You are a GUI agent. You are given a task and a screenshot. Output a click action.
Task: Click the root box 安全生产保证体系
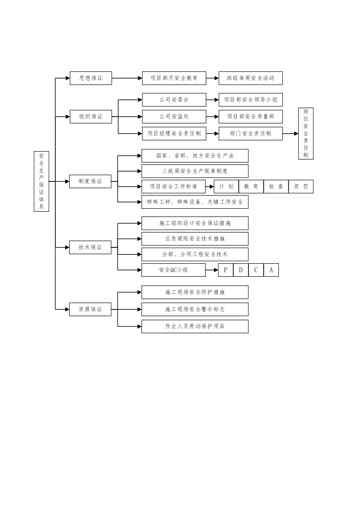point(41,181)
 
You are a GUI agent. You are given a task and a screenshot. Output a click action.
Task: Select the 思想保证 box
point(91,78)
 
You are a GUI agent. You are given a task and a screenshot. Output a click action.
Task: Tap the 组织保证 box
point(91,117)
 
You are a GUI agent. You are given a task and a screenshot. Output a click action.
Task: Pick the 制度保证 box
point(90,181)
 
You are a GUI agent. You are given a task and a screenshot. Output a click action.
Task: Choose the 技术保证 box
point(90,247)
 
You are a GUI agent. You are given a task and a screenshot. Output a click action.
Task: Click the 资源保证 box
point(90,309)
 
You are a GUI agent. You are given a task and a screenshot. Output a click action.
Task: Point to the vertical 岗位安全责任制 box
point(306,133)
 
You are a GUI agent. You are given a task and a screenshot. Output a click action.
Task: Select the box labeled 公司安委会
point(174,100)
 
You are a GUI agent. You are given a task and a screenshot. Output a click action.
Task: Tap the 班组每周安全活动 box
point(250,78)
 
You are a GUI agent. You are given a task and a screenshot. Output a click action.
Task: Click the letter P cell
point(226,270)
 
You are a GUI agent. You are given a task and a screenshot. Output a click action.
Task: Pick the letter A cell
point(271,270)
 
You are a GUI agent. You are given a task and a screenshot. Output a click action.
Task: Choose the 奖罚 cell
point(301,187)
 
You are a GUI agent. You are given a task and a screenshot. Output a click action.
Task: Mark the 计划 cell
point(226,187)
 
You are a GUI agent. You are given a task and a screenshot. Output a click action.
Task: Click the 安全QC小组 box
point(174,270)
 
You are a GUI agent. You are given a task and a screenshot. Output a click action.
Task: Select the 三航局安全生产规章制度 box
point(195,171)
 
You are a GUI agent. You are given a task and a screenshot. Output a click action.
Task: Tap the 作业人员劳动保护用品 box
point(195,326)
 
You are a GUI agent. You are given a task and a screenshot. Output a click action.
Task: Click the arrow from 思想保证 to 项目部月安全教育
point(127,78)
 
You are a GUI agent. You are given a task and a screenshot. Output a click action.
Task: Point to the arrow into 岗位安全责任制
point(290,134)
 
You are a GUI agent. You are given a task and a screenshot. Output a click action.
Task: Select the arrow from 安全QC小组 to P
point(212,270)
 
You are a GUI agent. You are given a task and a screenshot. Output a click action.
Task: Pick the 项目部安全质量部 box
point(250,117)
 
